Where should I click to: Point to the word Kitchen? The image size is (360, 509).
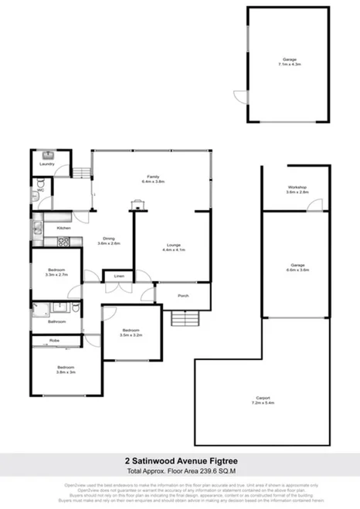[64, 229]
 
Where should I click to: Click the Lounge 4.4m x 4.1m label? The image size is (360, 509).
[172, 248]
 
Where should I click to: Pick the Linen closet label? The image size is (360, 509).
[118, 276]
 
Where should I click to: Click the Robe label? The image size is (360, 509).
[54, 340]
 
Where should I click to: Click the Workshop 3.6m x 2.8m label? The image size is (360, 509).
[297, 190]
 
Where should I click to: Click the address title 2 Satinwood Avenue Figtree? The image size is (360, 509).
[180, 465]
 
